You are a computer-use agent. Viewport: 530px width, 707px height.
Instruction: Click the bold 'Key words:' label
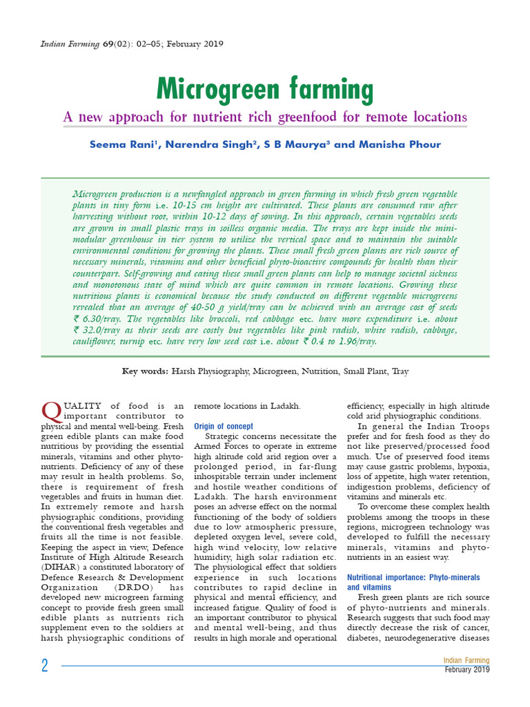[144, 371]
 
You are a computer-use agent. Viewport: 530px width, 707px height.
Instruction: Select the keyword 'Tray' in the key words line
[400, 371]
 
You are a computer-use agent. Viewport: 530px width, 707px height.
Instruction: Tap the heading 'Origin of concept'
[224, 427]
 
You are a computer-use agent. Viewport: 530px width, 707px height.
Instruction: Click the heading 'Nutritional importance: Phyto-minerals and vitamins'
[413, 582]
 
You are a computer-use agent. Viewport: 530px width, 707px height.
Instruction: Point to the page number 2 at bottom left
[45, 666]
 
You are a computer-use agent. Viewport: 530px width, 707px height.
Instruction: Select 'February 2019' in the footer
[467, 670]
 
